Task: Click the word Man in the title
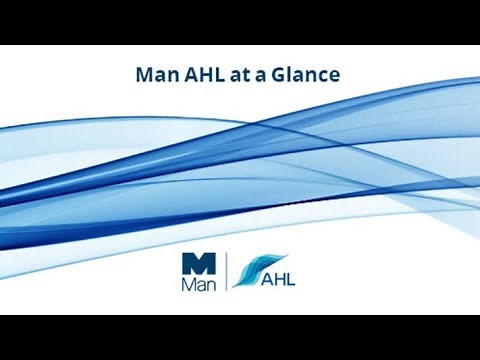click(153, 74)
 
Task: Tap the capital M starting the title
click(143, 74)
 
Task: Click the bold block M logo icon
click(198, 263)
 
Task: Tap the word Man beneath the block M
click(198, 283)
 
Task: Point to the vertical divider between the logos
click(228, 271)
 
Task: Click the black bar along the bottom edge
click(240, 337)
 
